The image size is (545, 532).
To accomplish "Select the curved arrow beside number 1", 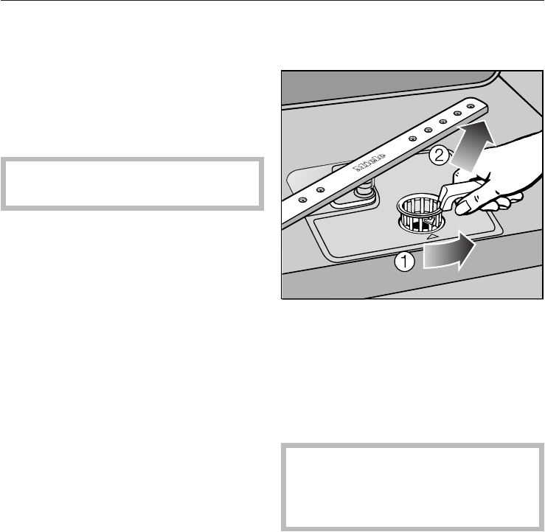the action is click(446, 255).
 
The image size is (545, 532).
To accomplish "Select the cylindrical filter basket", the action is click(419, 211).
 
